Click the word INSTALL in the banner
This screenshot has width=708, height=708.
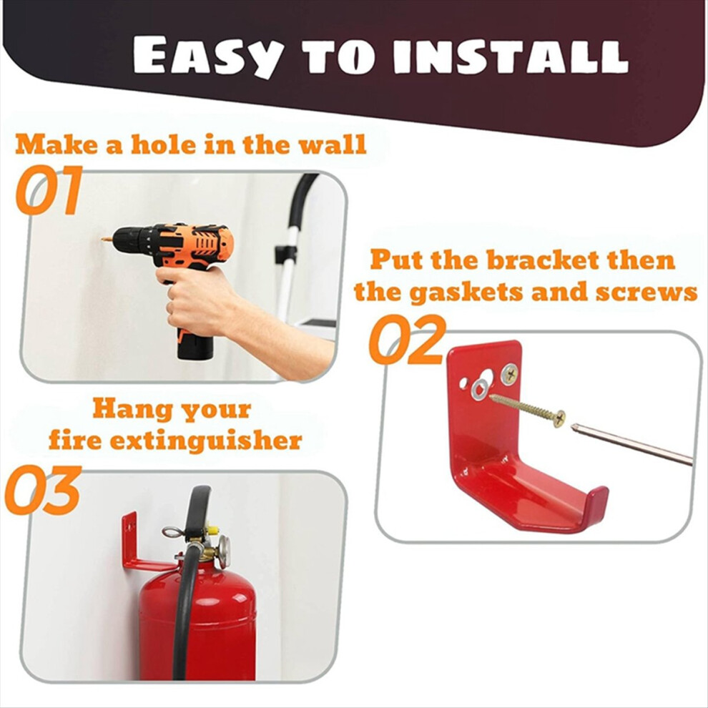tap(511, 57)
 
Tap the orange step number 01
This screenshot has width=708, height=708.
tap(49, 190)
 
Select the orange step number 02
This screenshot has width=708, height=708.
tap(408, 339)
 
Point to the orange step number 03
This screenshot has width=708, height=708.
tap(44, 490)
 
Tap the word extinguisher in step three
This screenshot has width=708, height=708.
tap(206, 441)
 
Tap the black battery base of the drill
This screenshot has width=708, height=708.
tap(195, 348)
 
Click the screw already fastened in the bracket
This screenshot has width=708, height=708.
tap(509, 373)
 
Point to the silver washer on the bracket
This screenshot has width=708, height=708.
tap(480, 389)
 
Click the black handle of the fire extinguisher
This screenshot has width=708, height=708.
tap(199, 509)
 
